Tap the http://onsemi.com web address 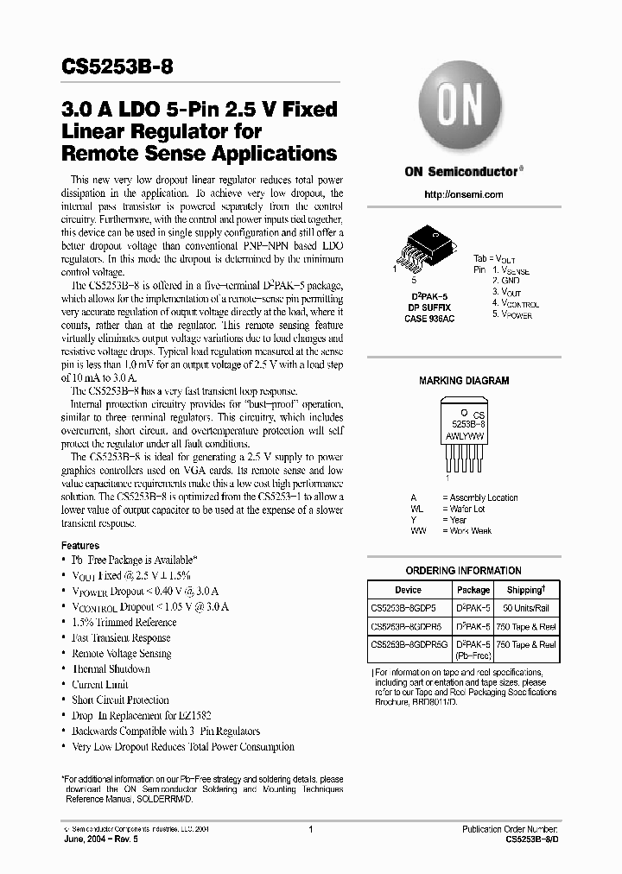click(x=464, y=194)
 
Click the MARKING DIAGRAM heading click(x=464, y=381)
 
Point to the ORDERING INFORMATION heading click(x=464, y=571)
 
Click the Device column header click(x=408, y=591)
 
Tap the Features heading click(x=79, y=546)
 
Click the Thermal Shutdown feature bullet click(x=111, y=669)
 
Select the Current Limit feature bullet click(x=100, y=685)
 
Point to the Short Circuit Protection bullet click(x=120, y=700)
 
